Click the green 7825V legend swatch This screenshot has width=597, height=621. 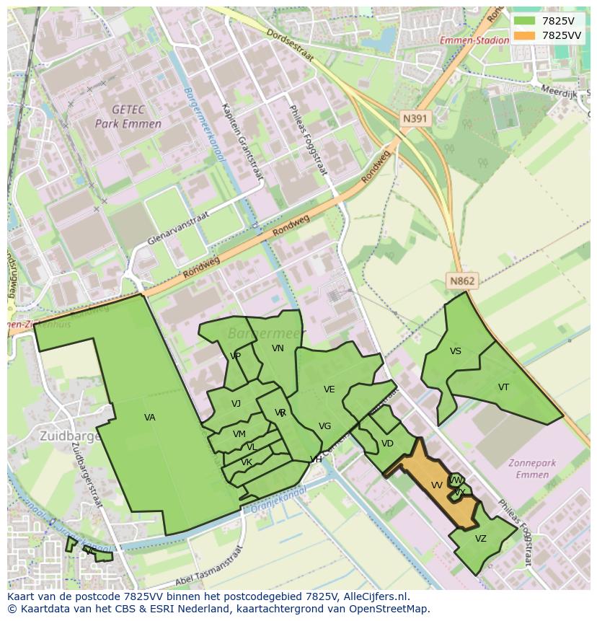[524, 21]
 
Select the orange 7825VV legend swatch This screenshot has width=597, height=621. [524, 35]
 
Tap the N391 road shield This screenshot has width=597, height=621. [416, 118]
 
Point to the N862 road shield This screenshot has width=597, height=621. [462, 281]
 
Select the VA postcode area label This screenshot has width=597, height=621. [149, 418]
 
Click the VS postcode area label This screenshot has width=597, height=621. [455, 351]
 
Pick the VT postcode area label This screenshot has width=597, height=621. [503, 387]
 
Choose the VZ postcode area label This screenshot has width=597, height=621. [481, 539]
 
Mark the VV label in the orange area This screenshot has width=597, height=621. [437, 485]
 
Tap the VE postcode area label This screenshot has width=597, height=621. [329, 389]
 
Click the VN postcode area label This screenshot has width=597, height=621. [278, 348]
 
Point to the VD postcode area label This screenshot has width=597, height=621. [387, 444]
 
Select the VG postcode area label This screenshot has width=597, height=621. [324, 426]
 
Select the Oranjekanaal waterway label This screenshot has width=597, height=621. [279, 500]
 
